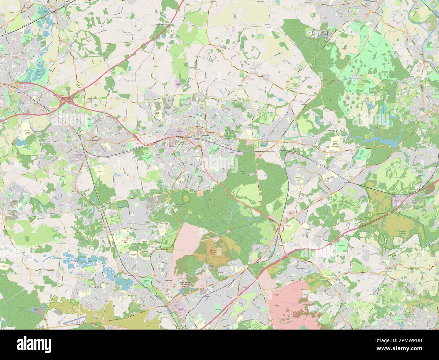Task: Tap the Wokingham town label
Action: coord(86,139)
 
